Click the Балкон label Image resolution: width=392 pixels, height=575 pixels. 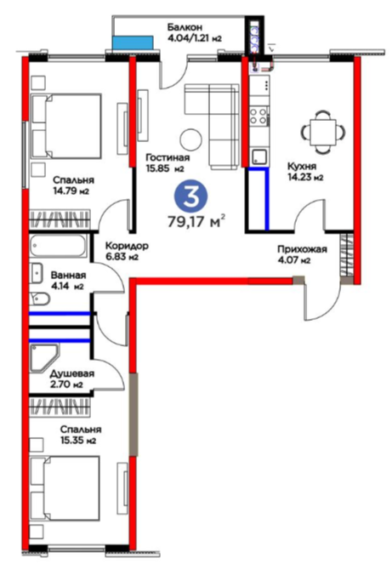click(185, 27)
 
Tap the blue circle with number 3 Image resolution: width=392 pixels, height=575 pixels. click(190, 196)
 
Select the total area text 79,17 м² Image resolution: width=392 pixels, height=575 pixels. click(196, 221)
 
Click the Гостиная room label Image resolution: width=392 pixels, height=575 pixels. click(168, 157)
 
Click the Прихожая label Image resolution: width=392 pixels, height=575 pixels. click(302, 250)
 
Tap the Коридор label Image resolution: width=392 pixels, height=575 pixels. click(127, 246)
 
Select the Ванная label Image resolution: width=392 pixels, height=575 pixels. click(69, 275)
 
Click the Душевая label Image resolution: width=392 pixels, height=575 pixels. click(72, 373)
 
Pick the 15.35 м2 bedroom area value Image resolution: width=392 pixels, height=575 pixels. click(78, 441)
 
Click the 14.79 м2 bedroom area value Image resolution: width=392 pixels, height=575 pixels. click(71, 191)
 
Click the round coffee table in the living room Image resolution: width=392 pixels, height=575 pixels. click(190, 139)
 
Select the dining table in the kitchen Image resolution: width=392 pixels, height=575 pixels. click(323, 132)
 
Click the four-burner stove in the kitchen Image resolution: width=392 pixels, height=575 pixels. click(258, 115)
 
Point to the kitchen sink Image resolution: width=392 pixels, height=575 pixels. click(259, 157)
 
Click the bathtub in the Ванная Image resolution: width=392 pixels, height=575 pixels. click(59, 246)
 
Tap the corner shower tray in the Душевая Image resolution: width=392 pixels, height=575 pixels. click(44, 357)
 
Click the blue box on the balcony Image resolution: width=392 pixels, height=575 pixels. click(133, 43)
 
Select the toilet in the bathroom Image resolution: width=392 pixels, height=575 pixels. click(39, 299)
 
